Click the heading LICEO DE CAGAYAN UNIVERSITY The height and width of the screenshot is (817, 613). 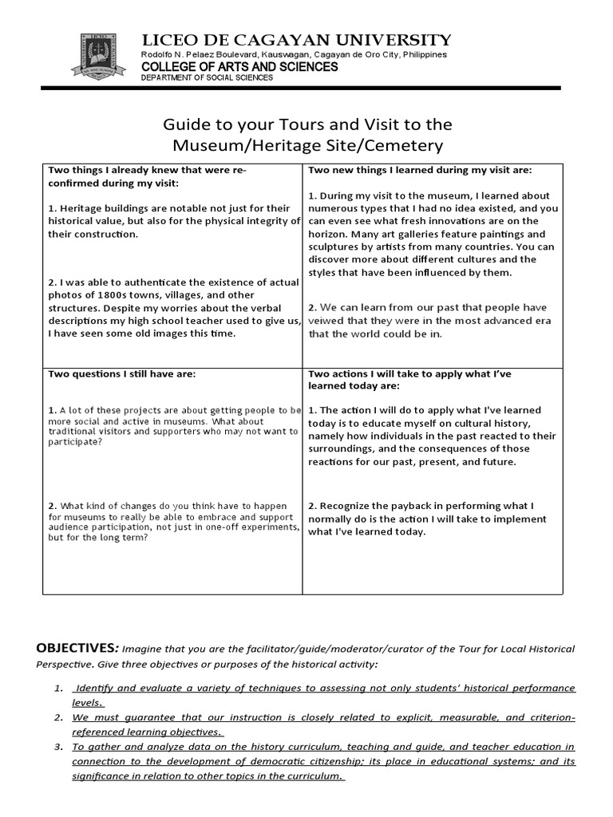(295, 40)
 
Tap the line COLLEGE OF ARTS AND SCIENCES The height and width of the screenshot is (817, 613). (239, 67)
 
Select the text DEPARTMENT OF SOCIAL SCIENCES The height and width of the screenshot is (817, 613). (207, 78)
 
